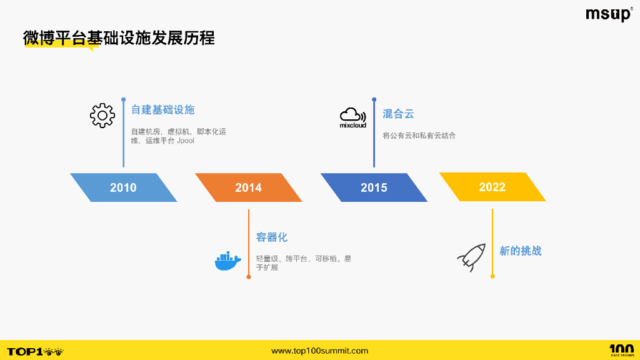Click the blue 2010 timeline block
[x=123, y=187]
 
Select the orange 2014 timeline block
[x=248, y=187]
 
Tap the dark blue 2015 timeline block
[x=374, y=187]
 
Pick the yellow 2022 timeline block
[x=492, y=187]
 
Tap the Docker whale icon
[x=227, y=261]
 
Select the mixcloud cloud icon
[x=352, y=117]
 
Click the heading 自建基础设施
[x=162, y=110]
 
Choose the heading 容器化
[x=272, y=237]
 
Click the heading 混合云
[x=398, y=114]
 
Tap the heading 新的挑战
[x=520, y=251]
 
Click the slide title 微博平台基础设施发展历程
[x=119, y=38]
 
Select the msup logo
[x=608, y=14]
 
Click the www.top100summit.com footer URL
[x=319, y=351]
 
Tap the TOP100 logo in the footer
[x=35, y=351]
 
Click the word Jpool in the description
[x=186, y=141]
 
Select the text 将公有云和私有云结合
[x=419, y=136]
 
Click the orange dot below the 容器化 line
[x=249, y=276]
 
